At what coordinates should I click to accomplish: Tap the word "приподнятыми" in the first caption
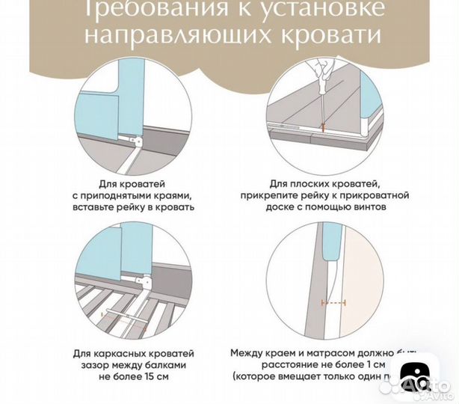pyautogui.click(x=149, y=195)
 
